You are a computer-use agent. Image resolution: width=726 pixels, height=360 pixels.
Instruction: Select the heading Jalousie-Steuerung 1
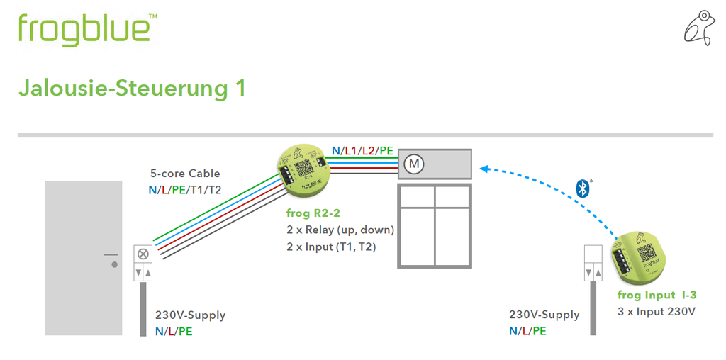132,89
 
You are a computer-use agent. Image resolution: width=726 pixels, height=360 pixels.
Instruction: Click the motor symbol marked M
413,164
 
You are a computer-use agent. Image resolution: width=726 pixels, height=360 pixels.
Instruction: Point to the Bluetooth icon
583,188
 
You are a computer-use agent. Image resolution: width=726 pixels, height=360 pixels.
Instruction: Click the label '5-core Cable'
185,174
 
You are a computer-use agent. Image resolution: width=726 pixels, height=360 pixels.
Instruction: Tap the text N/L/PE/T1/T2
185,190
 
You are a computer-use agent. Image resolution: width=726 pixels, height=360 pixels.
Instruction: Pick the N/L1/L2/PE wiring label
362,150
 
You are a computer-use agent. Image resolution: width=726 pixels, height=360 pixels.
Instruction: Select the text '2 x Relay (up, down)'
340,230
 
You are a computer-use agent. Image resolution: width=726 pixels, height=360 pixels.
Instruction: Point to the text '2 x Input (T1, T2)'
331,247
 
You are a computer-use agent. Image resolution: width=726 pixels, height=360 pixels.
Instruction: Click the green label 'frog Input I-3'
657,295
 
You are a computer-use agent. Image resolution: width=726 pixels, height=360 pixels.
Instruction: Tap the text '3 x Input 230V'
657,311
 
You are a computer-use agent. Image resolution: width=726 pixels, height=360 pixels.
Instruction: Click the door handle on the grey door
111,259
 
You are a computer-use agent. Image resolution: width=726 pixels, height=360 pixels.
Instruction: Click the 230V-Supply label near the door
190,315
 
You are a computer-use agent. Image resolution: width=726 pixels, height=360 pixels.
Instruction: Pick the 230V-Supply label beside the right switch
544,315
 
